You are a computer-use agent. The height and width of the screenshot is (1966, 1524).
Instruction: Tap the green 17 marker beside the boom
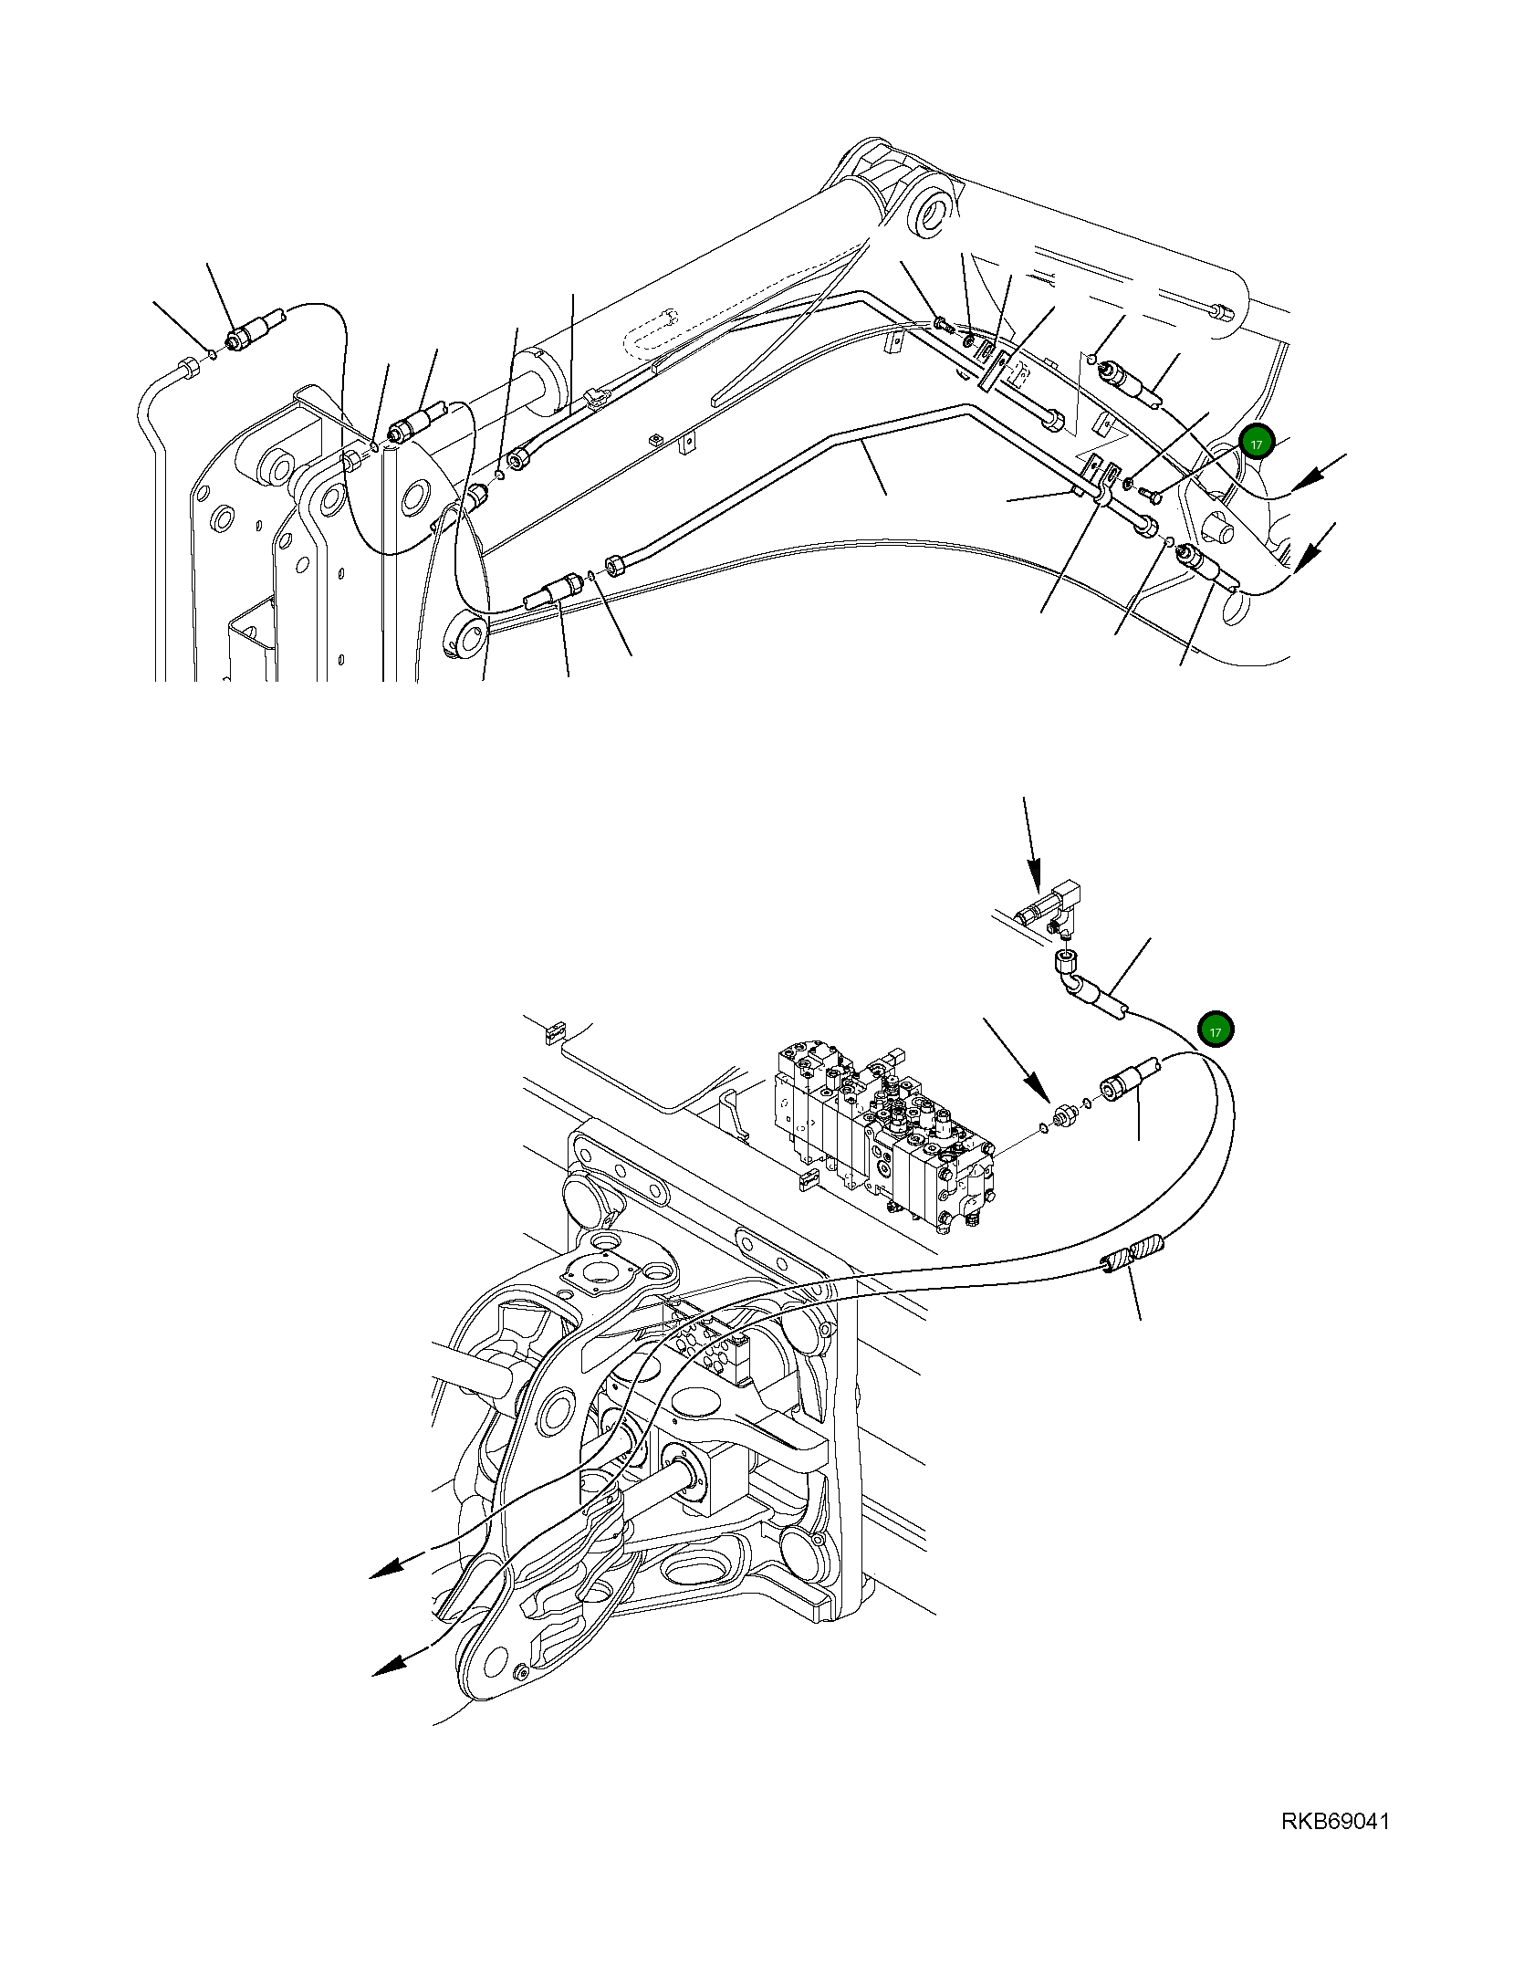tap(1256, 444)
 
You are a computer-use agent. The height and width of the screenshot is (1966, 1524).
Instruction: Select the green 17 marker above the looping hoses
tap(1215, 1030)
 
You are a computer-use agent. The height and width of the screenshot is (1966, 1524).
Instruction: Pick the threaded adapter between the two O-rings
tap(1062, 1115)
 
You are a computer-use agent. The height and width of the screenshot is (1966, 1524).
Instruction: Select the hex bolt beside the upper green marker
tap(1150, 496)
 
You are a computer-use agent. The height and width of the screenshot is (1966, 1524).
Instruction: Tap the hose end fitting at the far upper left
tap(245, 334)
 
